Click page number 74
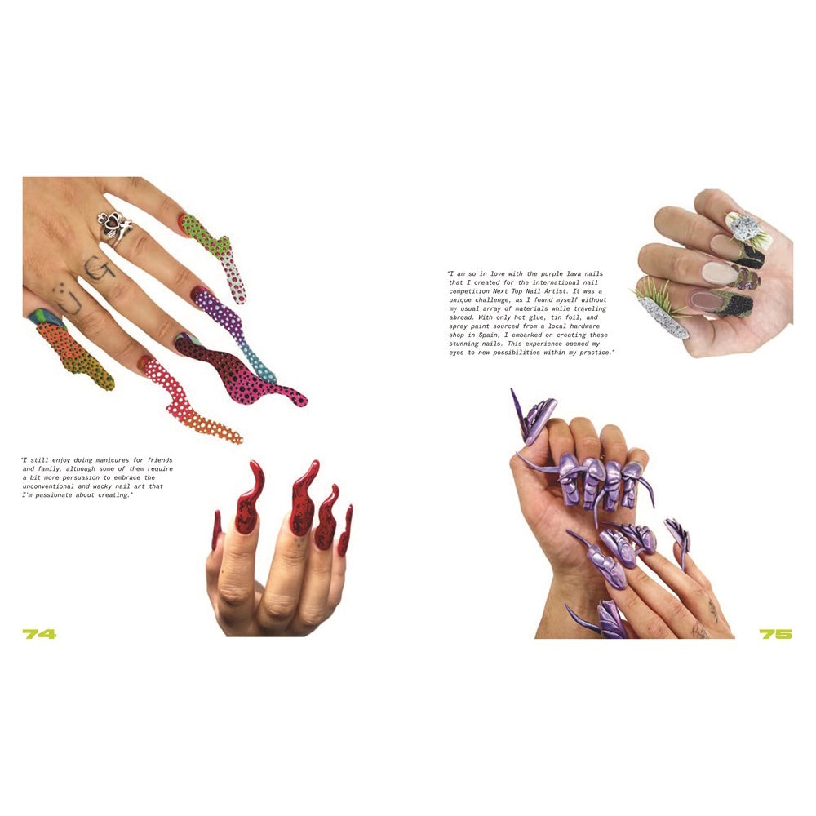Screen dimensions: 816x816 click(39, 634)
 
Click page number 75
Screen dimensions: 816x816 click(775, 634)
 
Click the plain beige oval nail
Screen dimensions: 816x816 click(720, 271)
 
